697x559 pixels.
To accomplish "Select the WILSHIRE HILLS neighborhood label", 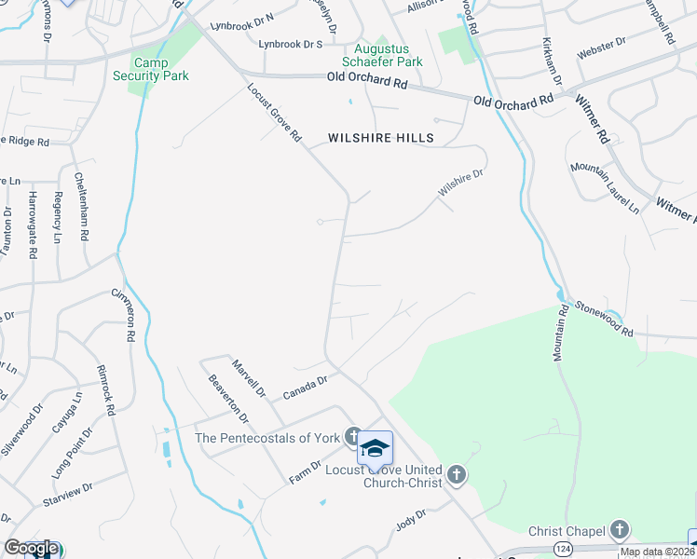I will click(x=381, y=138).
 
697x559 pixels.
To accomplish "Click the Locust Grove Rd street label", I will click(x=275, y=113).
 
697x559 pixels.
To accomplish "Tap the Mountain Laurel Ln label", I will click(x=605, y=187).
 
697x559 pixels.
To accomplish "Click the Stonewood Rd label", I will click(x=604, y=319).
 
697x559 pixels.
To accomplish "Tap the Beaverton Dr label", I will click(x=227, y=398).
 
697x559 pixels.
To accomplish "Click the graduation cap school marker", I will click(x=375, y=449).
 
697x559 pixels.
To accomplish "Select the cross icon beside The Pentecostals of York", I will click(x=352, y=436).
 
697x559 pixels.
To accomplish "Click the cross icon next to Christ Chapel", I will click(x=619, y=531).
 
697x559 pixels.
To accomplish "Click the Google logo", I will click(x=30, y=549).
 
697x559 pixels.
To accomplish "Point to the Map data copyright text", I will click(x=656, y=552).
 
